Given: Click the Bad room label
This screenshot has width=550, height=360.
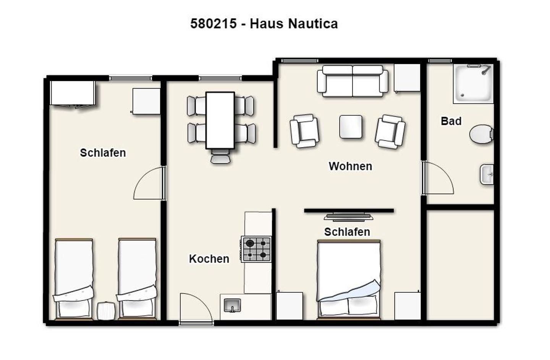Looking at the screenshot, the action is click(x=451, y=121).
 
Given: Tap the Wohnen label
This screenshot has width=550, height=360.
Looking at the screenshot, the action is click(x=350, y=166).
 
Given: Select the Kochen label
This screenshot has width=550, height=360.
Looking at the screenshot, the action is click(x=209, y=259).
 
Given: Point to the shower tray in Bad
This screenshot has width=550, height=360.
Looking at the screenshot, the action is click(x=473, y=84).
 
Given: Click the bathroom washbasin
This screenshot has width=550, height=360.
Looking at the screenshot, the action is click(x=487, y=175).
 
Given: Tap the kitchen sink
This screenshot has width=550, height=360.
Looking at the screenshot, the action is click(x=232, y=305).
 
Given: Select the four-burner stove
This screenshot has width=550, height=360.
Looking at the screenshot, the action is click(x=256, y=249).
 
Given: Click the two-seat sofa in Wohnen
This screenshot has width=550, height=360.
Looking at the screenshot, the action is click(x=353, y=81).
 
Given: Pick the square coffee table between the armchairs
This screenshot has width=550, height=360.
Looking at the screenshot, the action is click(x=351, y=127).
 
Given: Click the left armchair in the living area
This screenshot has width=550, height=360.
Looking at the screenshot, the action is click(x=304, y=131).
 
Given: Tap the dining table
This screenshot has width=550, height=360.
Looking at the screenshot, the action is click(x=220, y=120).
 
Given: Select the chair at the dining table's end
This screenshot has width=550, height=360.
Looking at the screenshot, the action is click(x=220, y=156).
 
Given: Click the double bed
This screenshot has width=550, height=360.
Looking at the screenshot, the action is click(x=349, y=280).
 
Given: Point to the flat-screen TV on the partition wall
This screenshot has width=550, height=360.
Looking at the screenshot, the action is click(x=348, y=216).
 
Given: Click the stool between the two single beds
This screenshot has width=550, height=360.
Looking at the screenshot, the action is click(x=106, y=311).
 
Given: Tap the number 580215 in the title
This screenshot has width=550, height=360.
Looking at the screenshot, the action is click(x=214, y=24).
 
